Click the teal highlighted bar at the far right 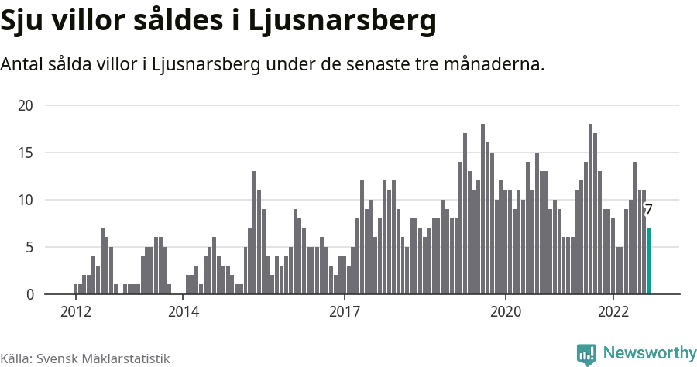click(648, 261)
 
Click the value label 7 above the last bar click(648, 210)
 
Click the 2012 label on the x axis click(75, 311)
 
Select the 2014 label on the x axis click(183, 311)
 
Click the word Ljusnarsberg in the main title click(342, 22)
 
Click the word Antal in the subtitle click(22, 64)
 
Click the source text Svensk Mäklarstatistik click(102, 358)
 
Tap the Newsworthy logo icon click(586, 354)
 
